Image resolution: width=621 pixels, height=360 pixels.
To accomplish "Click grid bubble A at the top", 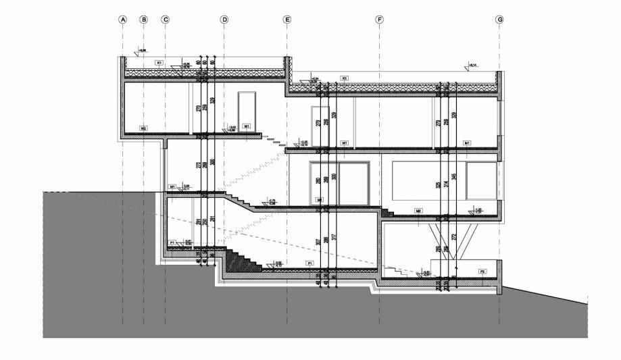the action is pyautogui.click(x=122, y=20).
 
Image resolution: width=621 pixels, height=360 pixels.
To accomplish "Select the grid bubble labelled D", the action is pyautogui.click(x=224, y=20).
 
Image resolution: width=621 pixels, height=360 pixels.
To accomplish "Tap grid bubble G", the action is pyautogui.click(x=499, y=20).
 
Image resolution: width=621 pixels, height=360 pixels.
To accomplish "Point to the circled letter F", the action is pyautogui.click(x=380, y=20).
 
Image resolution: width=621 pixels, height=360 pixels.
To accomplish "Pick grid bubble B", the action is pyautogui.click(x=143, y=20).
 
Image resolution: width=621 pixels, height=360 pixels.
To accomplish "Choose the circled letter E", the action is pyautogui.click(x=287, y=20).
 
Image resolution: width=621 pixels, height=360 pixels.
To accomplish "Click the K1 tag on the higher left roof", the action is pyautogui.click(x=159, y=63).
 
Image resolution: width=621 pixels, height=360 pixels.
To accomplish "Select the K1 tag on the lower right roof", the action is pyautogui.click(x=344, y=78).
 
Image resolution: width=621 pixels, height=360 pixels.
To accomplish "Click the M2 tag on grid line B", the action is pyautogui.click(x=143, y=127).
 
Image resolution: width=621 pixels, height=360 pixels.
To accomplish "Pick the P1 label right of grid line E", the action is pyautogui.click(x=309, y=261).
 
